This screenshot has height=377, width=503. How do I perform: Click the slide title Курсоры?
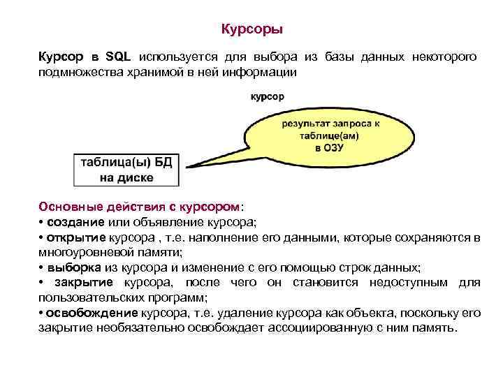pos(251,30)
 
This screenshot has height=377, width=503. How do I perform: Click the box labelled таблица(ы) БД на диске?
pos(126,170)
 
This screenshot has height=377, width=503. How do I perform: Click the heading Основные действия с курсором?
pos(139,207)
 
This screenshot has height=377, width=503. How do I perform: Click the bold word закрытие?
pos(85,282)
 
